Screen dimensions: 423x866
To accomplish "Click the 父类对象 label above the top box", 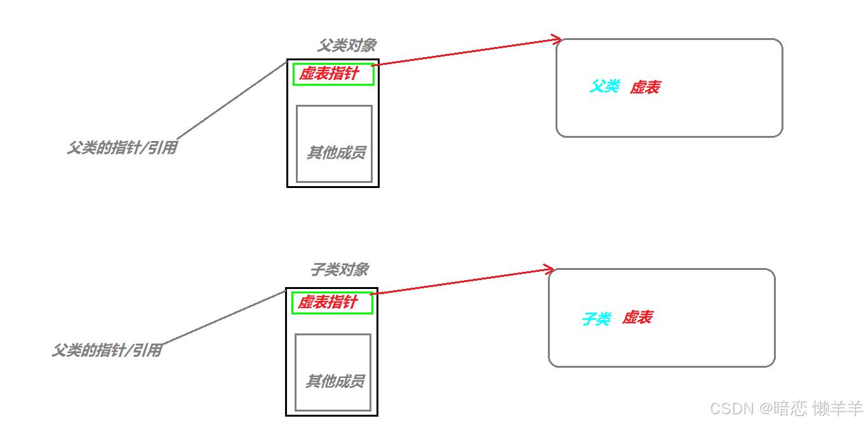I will [347, 45].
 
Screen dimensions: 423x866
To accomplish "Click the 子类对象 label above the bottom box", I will [339, 269].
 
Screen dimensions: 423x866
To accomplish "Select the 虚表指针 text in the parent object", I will [329, 74].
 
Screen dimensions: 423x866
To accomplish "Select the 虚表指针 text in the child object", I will [328, 302].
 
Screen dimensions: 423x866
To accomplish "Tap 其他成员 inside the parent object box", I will [336, 152].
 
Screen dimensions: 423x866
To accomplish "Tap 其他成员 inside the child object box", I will [335, 381].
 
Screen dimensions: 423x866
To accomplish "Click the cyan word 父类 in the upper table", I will [604, 86].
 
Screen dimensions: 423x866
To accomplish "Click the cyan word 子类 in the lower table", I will [596, 319].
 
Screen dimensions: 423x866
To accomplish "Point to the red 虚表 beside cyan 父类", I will [644, 88].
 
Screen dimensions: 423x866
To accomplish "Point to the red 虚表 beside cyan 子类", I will [637, 318].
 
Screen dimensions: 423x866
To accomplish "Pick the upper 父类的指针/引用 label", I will [122, 149].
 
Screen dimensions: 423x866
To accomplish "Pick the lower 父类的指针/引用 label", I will [107, 350].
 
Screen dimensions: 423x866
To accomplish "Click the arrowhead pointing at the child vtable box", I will [549, 269].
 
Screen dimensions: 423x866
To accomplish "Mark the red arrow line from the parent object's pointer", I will [463, 53].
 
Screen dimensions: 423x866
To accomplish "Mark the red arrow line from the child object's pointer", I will [460, 281].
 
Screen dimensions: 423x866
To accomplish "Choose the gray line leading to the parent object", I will [232, 100].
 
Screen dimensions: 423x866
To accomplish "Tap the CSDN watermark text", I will [731, 408].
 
